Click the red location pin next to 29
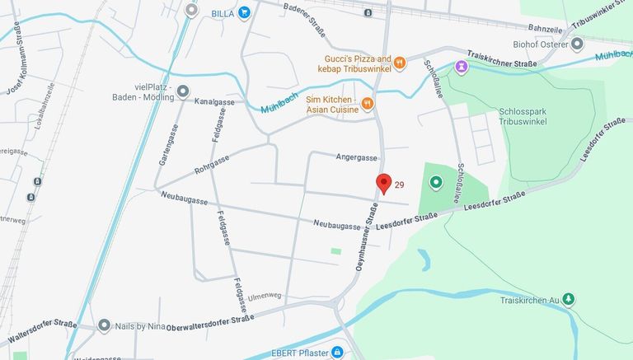383,183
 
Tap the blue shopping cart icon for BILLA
245,13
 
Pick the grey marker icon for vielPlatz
182,91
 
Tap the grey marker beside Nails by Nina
104,325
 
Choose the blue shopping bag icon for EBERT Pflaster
337,353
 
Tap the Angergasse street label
357,157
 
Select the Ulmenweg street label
263,296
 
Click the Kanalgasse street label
214,102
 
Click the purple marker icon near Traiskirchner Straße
461,66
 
